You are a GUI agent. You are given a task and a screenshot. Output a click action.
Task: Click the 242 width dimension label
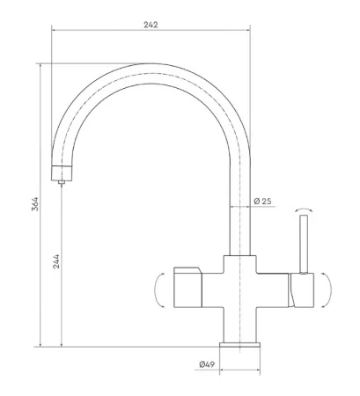[x=151, y=25]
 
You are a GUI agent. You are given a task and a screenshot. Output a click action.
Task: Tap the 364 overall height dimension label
[x=35, y=204]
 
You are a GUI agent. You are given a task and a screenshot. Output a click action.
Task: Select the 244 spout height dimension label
[x=56, y=261]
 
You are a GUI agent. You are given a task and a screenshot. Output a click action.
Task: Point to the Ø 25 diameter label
[x=262, y=202]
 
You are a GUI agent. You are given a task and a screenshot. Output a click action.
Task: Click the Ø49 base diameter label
[x=207, y=364]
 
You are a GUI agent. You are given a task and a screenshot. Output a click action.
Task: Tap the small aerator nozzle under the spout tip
[x=62, y=182]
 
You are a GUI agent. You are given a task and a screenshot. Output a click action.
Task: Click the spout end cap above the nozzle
[x=62, y=173]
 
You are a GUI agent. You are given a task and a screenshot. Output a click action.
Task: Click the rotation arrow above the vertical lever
[x=304, y=210]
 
